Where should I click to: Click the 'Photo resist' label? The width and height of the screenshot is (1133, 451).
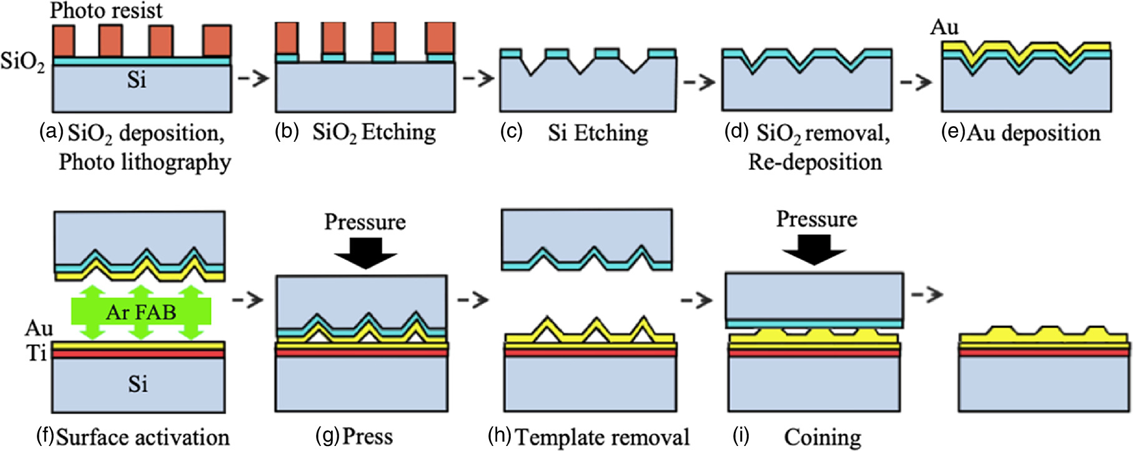[106, 10]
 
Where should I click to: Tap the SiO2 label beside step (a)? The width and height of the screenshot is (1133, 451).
[22, 62]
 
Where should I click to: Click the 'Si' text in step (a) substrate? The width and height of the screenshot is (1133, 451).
[136, 80]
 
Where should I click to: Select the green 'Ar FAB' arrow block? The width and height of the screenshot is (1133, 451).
[141, 311]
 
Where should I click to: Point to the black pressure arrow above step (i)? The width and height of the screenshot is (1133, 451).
[814, 249]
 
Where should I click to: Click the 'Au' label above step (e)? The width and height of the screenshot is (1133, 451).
[944, 27]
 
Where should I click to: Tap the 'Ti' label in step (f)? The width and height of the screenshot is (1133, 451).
[36, 354]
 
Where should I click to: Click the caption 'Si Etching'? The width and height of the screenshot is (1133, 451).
[598, 133]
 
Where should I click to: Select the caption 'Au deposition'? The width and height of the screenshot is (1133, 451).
[1033, 133]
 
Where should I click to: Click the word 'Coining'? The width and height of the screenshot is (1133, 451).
[823, 437]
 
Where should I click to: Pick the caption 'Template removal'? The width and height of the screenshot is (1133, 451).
[602, 437]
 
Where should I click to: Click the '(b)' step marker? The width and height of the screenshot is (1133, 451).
[287, 132]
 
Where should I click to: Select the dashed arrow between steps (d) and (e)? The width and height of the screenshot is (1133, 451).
[916, 82]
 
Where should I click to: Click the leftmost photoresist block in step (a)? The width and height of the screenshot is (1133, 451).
[63, 41]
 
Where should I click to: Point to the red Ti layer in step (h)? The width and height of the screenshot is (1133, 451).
[590, 353]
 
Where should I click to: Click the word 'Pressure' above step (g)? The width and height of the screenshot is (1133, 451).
[365, 222]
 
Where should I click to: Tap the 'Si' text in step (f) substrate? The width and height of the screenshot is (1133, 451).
[138, 384]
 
